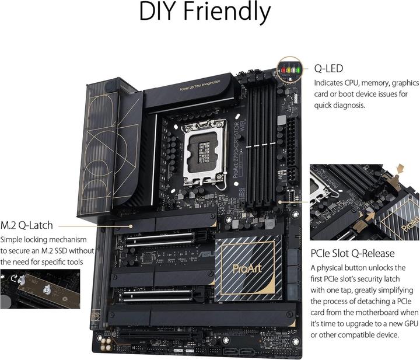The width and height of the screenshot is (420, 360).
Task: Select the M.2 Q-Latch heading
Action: click(x=27, y=225)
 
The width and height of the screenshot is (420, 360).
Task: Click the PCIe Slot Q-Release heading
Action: click(x=353, y=253)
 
